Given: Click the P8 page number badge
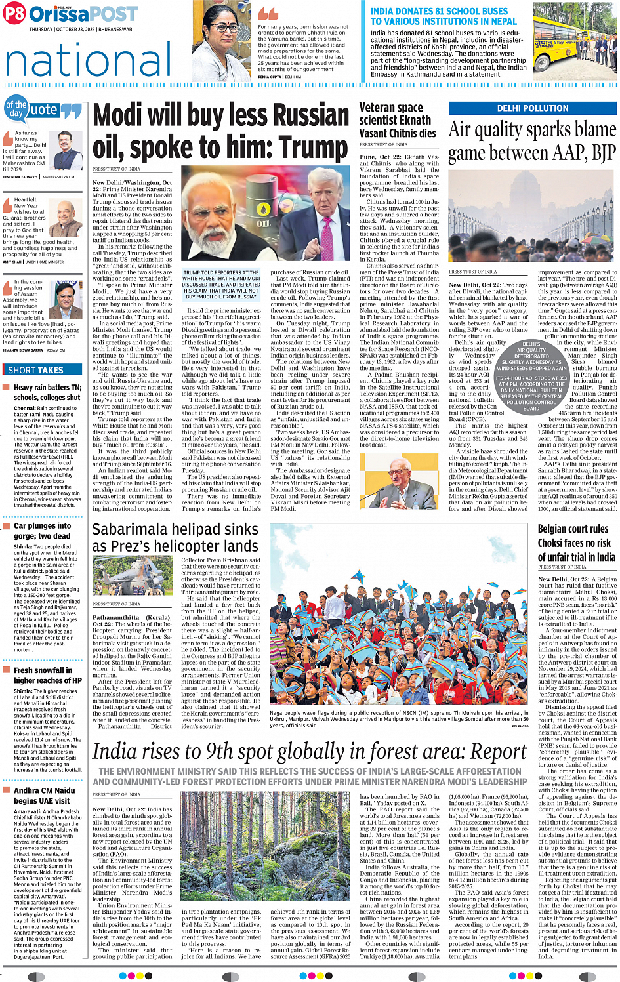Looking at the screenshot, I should (x=14, y=14).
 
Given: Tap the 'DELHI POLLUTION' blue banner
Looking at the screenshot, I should (x=532, y=108).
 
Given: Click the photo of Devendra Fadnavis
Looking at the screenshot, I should (x=68, y=151).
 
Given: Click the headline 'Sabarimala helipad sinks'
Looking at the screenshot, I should (x=175, y=538).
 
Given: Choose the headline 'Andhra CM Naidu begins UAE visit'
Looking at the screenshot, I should (x=44, y=796).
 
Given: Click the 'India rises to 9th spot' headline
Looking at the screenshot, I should (x=309, y=751).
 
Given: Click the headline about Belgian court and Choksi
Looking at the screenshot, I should (x=576, y=542).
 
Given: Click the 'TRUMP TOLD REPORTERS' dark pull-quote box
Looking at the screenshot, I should (x=222, y=285).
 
